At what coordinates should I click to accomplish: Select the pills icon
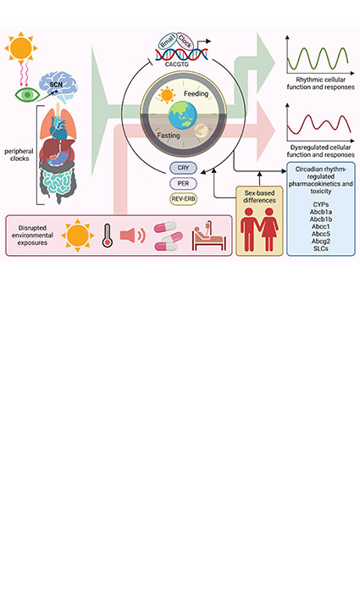point(169,235)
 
